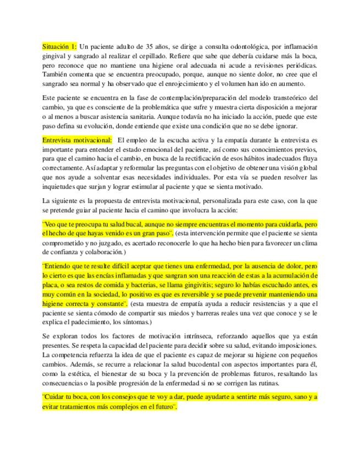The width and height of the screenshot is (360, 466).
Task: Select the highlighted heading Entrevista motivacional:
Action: [x=77, y=140]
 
